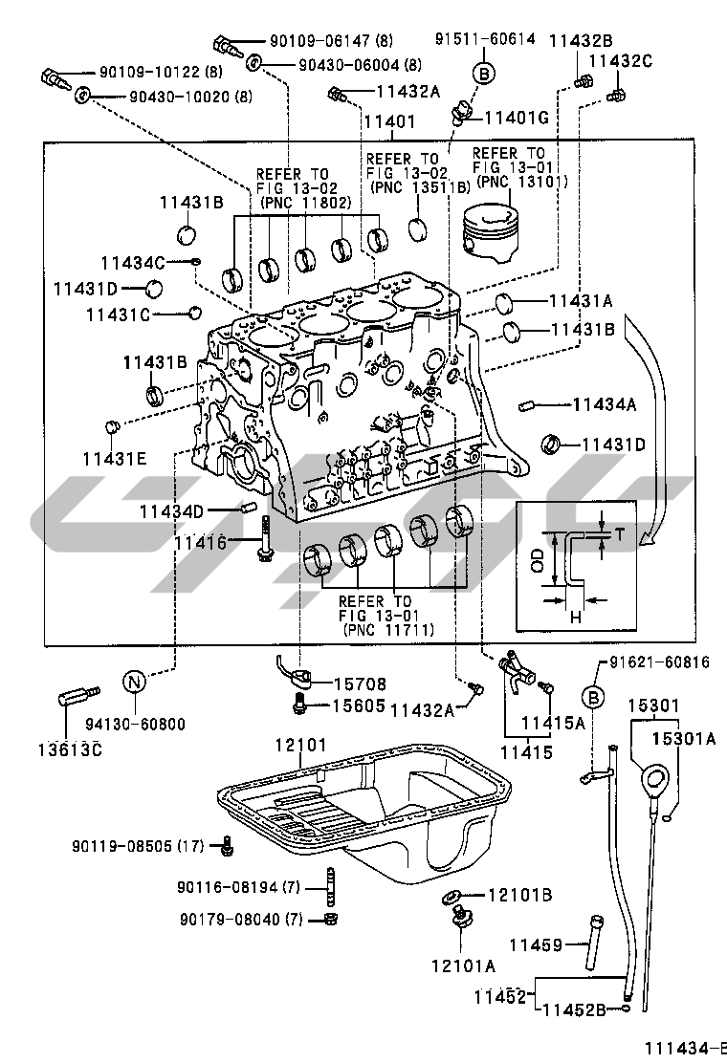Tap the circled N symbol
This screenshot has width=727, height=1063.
coord(134,681)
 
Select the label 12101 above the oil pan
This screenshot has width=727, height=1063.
coord(300,745)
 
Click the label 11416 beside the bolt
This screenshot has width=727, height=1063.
coord(200,542)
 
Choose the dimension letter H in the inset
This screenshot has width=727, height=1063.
coord(576,617)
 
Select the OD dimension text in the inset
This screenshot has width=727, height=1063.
coord(538,560)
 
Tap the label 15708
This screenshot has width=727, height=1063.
coord(359,684)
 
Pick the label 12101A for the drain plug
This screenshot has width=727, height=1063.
coord(463,965)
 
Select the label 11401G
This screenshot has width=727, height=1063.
coord(517,118)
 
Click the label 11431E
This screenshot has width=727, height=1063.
coord(115,459)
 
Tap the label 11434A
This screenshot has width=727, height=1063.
coord(605,404)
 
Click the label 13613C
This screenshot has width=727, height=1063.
coord(70,749)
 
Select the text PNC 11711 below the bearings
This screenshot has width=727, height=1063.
coord(389,630)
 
